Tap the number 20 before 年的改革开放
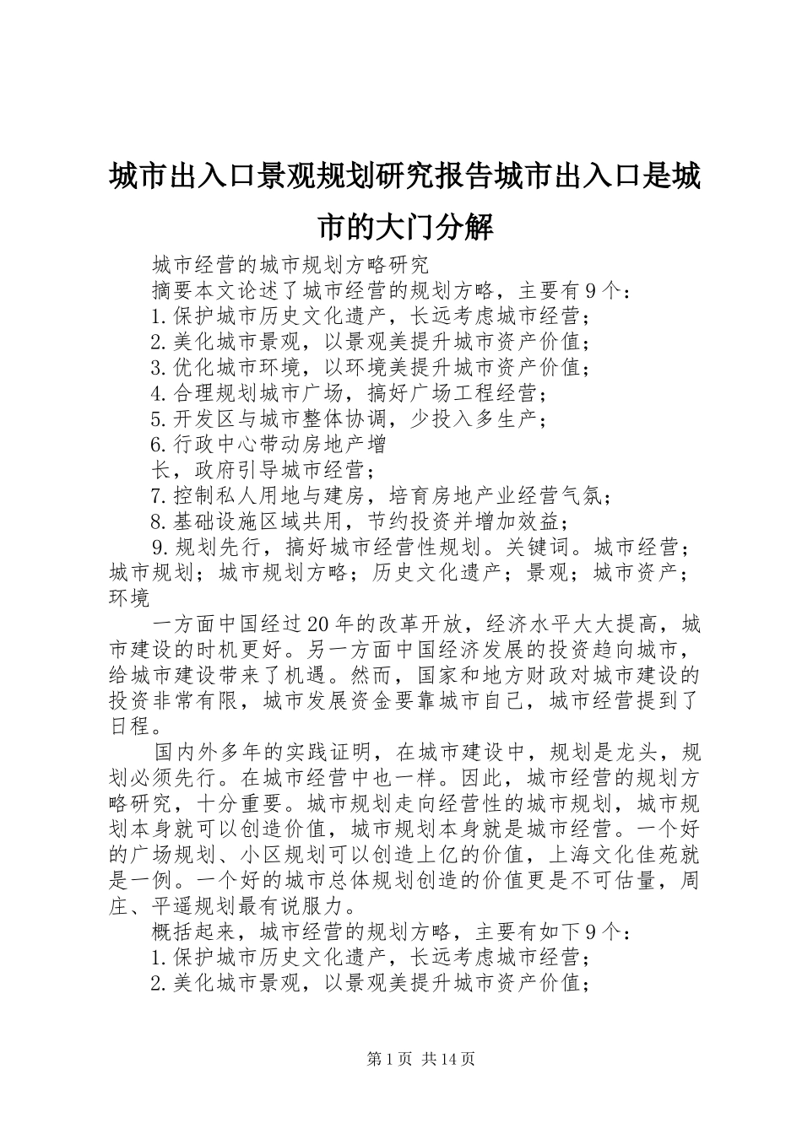click(x=319, y=624)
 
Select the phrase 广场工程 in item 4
click(x=437, y=393)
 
